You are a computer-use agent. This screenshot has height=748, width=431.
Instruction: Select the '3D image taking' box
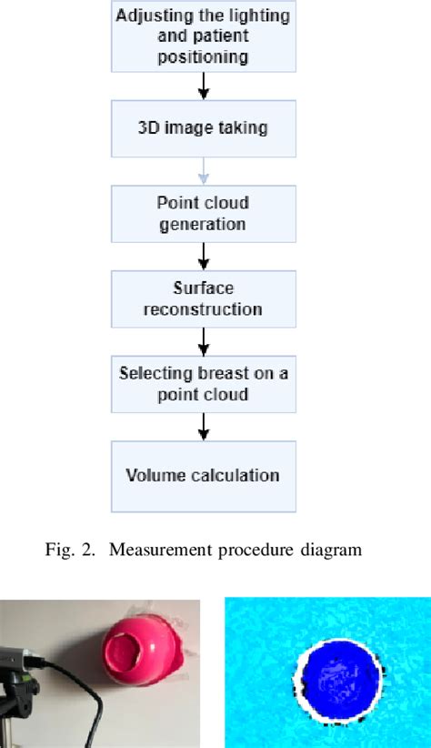point(204,127)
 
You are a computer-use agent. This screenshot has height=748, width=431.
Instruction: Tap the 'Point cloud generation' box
point(204,212)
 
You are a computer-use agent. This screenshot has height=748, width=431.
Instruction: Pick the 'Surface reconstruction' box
point(204,298)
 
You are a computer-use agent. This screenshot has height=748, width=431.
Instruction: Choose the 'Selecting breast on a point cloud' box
point(204,385)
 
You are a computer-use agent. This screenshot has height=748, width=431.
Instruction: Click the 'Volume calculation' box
point(204,475)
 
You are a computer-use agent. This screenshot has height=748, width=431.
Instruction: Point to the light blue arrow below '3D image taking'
point(205,170)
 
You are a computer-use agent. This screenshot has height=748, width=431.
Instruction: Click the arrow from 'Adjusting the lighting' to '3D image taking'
point(205,85)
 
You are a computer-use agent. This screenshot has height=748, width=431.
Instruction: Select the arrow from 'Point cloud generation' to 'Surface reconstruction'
point(205,256)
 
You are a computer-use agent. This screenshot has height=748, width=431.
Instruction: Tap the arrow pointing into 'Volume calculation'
point(205,429)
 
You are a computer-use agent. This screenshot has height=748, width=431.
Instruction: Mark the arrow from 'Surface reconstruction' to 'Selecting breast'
point(205,342)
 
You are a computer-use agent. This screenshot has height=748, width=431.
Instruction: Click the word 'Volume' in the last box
point(154,475)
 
